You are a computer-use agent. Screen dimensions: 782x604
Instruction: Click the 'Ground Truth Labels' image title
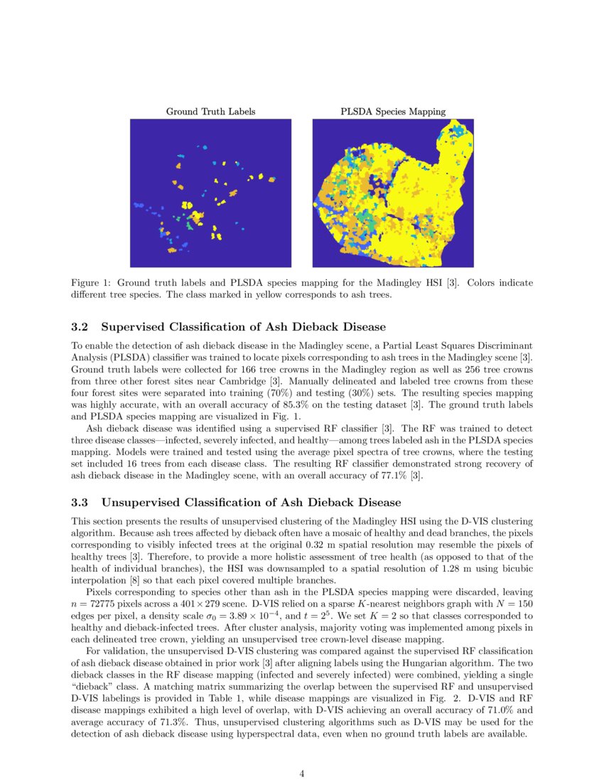pyautogui.click(x=210, y=112)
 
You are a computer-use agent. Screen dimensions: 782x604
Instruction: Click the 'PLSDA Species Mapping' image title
pyautogui.click(x=392, y=112)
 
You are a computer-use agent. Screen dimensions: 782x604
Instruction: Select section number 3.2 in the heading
pyautogui.click(x=80, y=327)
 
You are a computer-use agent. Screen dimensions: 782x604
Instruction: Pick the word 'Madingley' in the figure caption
pyautogui.click(x=382, y=283)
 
